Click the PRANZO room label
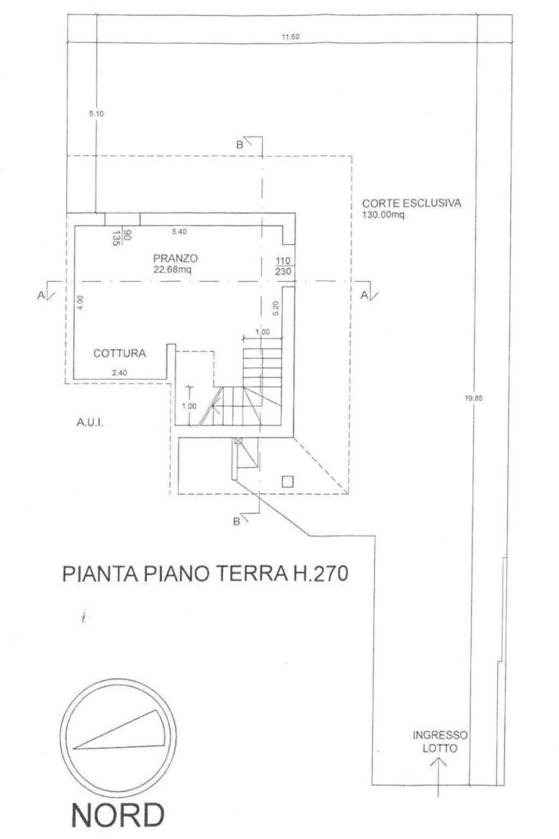(175, 258)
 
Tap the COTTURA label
(120, 353)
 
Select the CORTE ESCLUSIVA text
(412, 204)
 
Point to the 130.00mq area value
(383, 215)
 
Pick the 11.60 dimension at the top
(290, 37)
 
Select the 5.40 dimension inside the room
(180, 232)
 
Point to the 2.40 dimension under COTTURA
(119, 374)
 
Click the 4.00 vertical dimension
(80, 303)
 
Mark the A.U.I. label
(91, 422)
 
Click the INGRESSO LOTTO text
(440, 741)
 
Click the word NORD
(118, 815)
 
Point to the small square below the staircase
(287, 481)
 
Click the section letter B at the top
(239, 145)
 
